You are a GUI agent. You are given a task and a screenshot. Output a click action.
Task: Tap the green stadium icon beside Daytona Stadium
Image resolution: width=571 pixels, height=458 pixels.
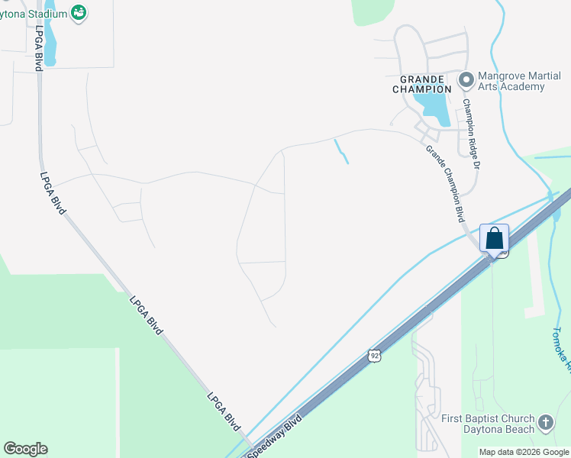[78, 12]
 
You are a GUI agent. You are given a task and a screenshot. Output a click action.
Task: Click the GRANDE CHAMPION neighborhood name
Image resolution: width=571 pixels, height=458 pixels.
[418, 84]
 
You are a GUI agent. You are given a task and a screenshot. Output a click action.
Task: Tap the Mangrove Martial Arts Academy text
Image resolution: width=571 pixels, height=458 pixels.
[511, 81]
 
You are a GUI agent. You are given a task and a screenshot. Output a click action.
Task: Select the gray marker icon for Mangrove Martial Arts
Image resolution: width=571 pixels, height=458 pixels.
[466, 79]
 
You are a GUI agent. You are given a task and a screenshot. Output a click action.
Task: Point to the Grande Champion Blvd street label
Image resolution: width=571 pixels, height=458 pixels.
[446, 180]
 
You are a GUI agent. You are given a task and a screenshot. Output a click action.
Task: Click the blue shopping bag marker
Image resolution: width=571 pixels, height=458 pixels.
[495, 238]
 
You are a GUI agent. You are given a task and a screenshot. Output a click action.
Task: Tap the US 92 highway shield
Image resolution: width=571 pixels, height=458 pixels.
[373, 356]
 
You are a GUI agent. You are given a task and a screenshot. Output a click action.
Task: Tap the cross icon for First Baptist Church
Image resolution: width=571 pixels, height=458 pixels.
[546, 422]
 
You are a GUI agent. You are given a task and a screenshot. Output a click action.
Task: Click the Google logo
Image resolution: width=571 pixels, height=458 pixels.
[25, 449]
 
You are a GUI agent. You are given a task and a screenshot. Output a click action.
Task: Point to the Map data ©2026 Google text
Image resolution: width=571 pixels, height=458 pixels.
[524, 452]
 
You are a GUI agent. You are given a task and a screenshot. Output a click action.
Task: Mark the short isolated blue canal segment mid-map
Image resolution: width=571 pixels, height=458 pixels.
[341, 151]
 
